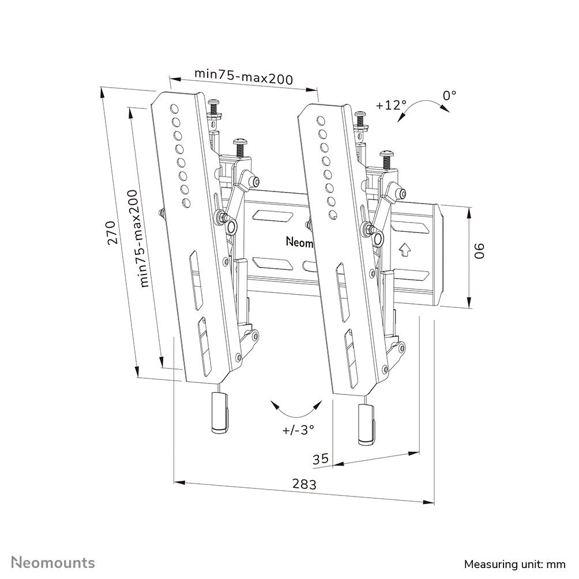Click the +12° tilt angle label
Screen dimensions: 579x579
390,106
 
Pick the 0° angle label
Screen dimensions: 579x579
449,95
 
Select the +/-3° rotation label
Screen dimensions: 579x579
298,429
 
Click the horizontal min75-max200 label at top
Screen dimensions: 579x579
243,75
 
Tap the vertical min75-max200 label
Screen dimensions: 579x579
138,239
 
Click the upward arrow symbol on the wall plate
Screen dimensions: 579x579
404,250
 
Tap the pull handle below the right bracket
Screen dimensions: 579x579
367,424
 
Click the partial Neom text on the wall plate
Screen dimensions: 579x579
299,241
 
